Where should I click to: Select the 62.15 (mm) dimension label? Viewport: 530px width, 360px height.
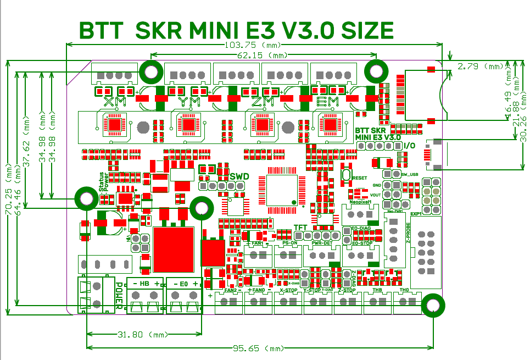(263, 56)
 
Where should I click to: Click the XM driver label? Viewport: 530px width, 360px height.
(114, 101)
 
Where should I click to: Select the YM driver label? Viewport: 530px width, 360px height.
(189, 101)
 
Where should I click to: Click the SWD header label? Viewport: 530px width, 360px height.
(239, 176)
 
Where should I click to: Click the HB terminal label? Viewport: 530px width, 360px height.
(144, 284)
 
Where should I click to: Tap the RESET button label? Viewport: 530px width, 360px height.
(360, 178)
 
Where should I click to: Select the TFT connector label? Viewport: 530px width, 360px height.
(300, 228)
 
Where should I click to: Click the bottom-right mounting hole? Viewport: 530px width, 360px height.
(433, 305)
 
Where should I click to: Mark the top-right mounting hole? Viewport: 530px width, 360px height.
(376, 71)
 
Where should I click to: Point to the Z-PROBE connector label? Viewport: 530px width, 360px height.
(408, 233)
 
